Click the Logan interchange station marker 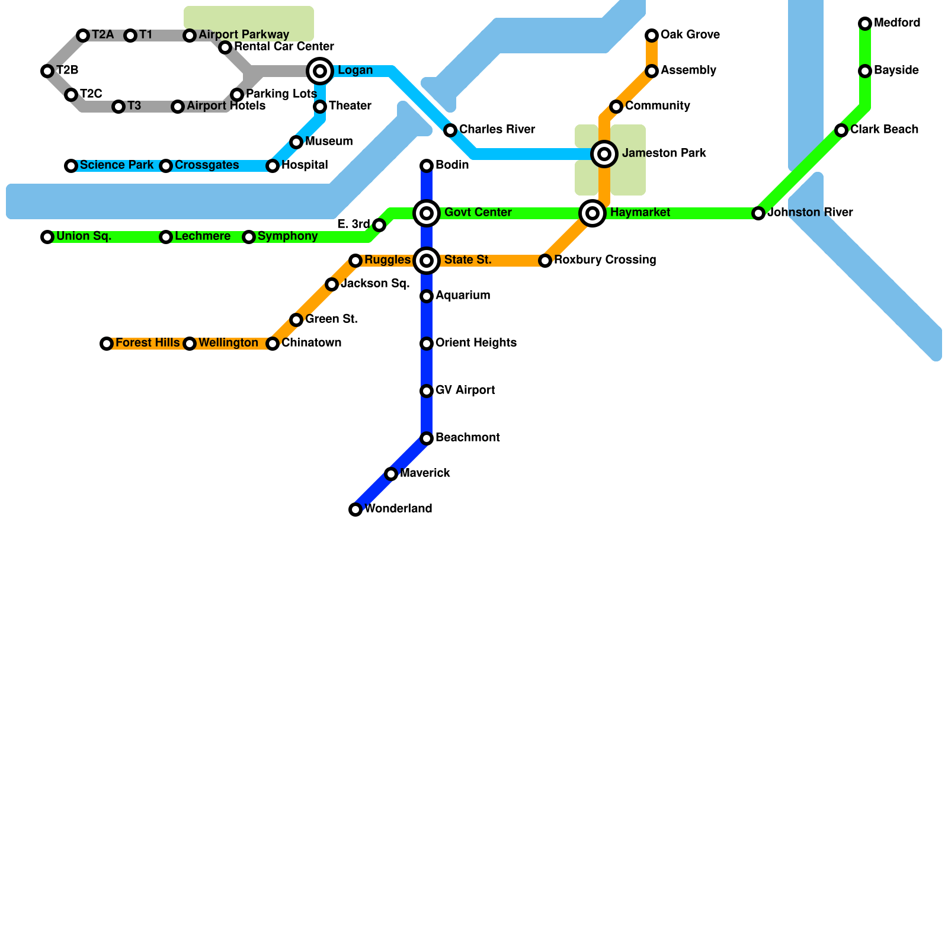tap(320, 71)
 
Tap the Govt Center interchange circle tap(427, 213)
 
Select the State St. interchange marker tap(427, 261)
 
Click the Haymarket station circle tap(592, 213)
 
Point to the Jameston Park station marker tap(604, 154)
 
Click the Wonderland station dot tap(355, 510)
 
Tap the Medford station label tap(897, 23)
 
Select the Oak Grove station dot tap(652, 36)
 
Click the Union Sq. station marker tap(47, 237)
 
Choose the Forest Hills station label tap(148, 343)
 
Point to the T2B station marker tap(47, 71)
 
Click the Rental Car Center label tap(284, 47)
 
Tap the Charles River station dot tap(450, 130)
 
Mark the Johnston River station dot tap(758, 213)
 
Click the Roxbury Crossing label tap(605, 260)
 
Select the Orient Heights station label tap(476, 343)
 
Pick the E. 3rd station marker tap(379, 225)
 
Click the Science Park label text tap(117, 165)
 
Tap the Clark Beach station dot tap(841, 130)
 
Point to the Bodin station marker tap(427, 166)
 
